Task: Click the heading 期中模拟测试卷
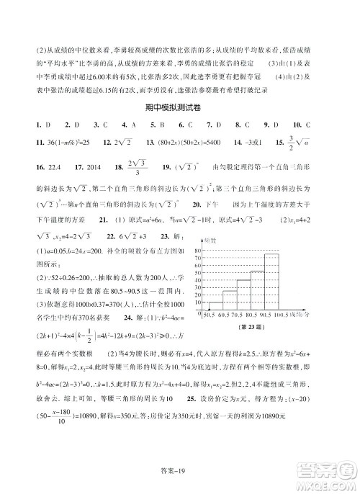[180, 108]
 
